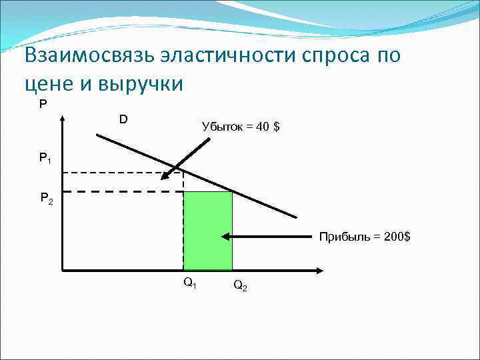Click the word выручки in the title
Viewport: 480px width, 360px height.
138,85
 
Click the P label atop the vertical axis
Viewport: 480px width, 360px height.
43,104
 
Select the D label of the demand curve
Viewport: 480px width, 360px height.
123,119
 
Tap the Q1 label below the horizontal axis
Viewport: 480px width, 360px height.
190,283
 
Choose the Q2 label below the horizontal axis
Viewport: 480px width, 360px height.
241,287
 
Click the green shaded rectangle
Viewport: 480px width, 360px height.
208,230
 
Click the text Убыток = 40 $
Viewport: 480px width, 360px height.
240,127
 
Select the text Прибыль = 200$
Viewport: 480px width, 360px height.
364,236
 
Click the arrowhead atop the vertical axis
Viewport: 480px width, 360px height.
61,119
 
